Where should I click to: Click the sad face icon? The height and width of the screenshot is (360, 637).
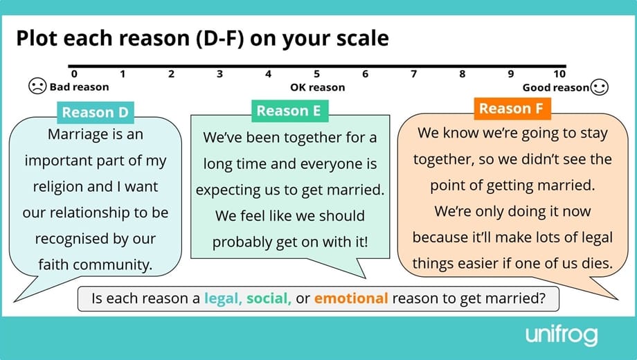coord(37,87)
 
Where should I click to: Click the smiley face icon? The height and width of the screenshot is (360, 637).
coord(600,87)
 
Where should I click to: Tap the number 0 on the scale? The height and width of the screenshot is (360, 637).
coord(74,74)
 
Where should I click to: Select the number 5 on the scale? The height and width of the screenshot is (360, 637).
coord(316,74)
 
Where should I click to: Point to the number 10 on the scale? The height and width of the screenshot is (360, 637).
coord(559,74)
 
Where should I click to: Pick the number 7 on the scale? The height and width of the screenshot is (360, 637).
coord(413,74)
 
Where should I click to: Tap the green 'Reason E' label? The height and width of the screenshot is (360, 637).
coord(289,110)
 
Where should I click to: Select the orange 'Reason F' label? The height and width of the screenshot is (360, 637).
coord(512,108)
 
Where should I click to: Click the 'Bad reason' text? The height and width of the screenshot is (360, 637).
coord(79,87)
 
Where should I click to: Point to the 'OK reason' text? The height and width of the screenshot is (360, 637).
coord(317,87)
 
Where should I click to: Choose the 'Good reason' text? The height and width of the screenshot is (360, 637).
coord(555,87)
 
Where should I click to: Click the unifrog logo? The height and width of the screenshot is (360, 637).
coord(561,336)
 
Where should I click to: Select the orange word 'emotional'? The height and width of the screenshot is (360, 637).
coord(350,298)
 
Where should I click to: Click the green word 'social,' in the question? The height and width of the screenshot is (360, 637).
coord(269,298)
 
